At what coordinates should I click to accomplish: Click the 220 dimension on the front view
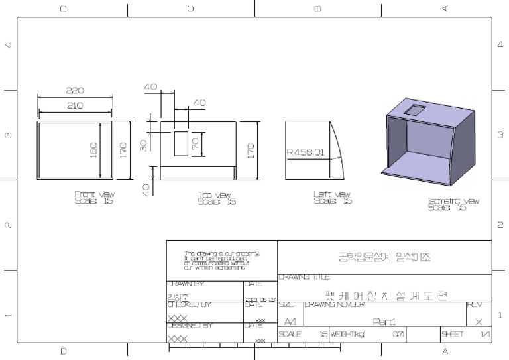click(x=75, y=91)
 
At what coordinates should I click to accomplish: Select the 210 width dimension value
click(x=75, y=105)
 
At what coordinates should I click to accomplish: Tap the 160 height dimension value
click(x=93, y=149)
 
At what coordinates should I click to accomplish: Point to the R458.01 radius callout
click(x=305, y=152)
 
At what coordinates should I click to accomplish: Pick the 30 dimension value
click(x=144, y=145)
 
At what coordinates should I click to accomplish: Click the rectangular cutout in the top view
click(x=181, y=143)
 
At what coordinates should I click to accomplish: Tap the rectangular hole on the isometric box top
click(x=416, y=109)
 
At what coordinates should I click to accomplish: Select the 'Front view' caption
click(x=94, y=198)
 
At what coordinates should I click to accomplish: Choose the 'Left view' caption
click(x=332, y=198)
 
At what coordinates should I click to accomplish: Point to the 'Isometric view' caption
click(x=453, y=204)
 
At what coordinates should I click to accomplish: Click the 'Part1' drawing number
click(x=384, y=322)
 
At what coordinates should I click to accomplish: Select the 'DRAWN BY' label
click(x=186, y=284)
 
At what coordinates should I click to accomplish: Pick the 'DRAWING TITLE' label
click(x=304, y=278)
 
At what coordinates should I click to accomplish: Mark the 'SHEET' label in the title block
click(x=453, y=334)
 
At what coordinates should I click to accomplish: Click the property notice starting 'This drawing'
click(x=221, y=261)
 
